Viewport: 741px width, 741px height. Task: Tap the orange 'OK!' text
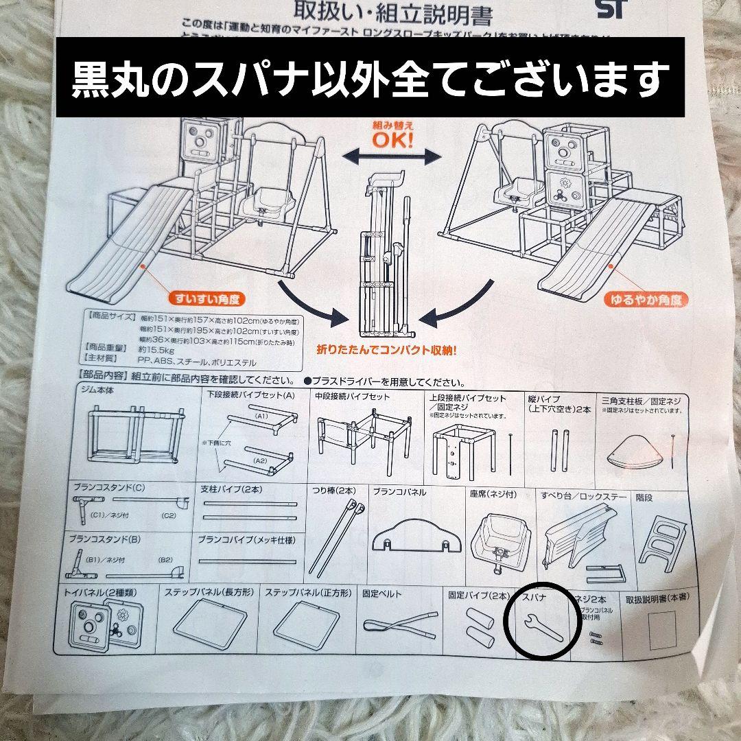pyautogui.click(x=393, y=141)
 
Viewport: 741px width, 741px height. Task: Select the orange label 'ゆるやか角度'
pyautogui.click(x=646, y=300)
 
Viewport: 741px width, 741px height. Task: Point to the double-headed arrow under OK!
pyautogui.click(x=392, y=158)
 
